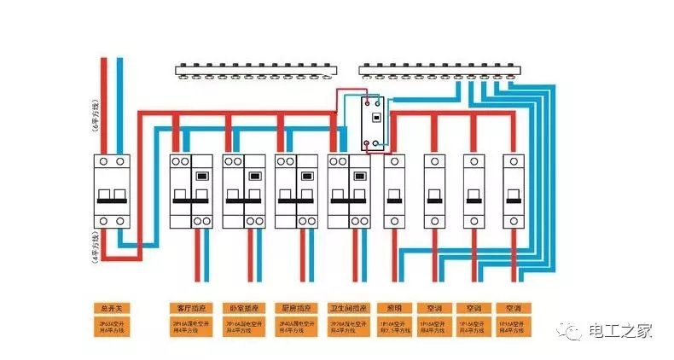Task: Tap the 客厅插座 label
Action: (190, 307)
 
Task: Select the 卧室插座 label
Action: (243, 307)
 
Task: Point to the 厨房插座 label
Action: (295, 307)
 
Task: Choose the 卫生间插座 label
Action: (348, 307)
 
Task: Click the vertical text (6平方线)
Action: (95, 114)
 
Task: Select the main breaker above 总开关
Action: (113, 191)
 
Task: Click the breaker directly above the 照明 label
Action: (395, 191)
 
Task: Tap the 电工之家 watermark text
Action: (621, 331)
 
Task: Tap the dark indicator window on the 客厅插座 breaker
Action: (203, 177)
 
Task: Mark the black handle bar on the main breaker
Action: (113, 201)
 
